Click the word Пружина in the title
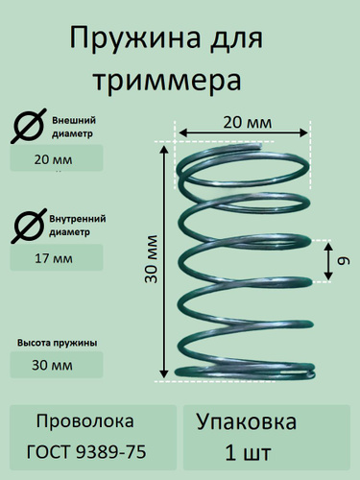click(135, 39)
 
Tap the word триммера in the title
click(167, 81)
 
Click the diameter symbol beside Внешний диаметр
click(28, 126)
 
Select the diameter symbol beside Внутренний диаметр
click(28, 226)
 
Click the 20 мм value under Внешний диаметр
click(53, 159)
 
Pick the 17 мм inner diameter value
click(54, 258)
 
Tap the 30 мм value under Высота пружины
click(52, 365)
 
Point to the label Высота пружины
click(58, 343)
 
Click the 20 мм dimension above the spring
click(248, 123)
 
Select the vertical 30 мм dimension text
click(151, 259)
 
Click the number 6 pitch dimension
click(344, 261)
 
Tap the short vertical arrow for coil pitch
click(328, 261)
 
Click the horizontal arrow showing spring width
click(243, 132)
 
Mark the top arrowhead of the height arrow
click(164, 148)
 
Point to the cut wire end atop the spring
click(258, 147)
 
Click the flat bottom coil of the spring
click(245, 372)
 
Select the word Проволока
click(84, 421)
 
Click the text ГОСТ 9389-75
click(86, 452)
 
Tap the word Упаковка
click(247, 422)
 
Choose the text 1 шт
click(248, 453)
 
